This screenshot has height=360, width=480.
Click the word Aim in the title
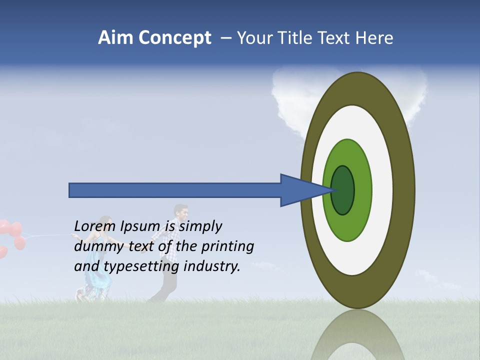pos(115,38)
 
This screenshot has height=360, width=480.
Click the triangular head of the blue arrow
pos(300,190)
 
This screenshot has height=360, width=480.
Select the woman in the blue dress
pos(97,270)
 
